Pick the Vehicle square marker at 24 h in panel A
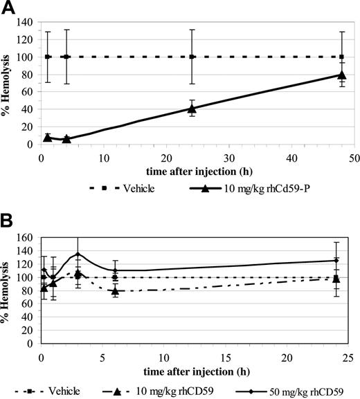click(x=192, y=57)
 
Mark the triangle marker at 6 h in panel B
click(x=115, y=291)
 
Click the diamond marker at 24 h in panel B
click(x=336, y=261)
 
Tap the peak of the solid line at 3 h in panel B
click(x=78, y=254)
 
